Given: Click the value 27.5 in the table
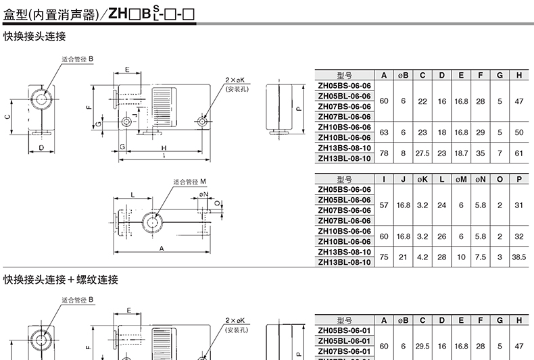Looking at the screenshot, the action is [x=422, y=153].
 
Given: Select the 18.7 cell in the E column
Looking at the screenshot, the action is [x=461, y=153].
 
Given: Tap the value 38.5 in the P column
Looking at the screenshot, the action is [x=518, y=257].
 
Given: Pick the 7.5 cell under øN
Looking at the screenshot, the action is [x=480, y=257].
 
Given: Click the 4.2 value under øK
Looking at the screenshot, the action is [x=422, y=257].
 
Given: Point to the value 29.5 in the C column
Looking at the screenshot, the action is [x=422, y=346].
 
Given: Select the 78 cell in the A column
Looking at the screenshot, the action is [x=384, y=153].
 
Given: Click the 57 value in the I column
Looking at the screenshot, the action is [x=384, y=205].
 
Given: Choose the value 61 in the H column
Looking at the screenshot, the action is [x=518, y=153].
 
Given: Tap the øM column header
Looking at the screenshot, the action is [x=461, y=179].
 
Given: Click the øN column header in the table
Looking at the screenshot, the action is [x=480, y=179].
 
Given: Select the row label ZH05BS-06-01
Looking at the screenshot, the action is [x=344, y=331].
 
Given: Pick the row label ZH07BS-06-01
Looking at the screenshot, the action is [x=344, y=351].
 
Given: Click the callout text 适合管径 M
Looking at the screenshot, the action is [x=190, y=182].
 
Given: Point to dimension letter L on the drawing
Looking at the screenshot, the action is [x=132, y=195].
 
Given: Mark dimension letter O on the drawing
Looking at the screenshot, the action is [x=217, y=203].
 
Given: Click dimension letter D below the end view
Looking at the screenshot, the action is [x=41, y=148].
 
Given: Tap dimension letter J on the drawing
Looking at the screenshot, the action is [x=135, y=115].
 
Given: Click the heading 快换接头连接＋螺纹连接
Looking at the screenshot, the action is [x=61, y=280].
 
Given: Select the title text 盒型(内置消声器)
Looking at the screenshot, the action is [x=51, y=15].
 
